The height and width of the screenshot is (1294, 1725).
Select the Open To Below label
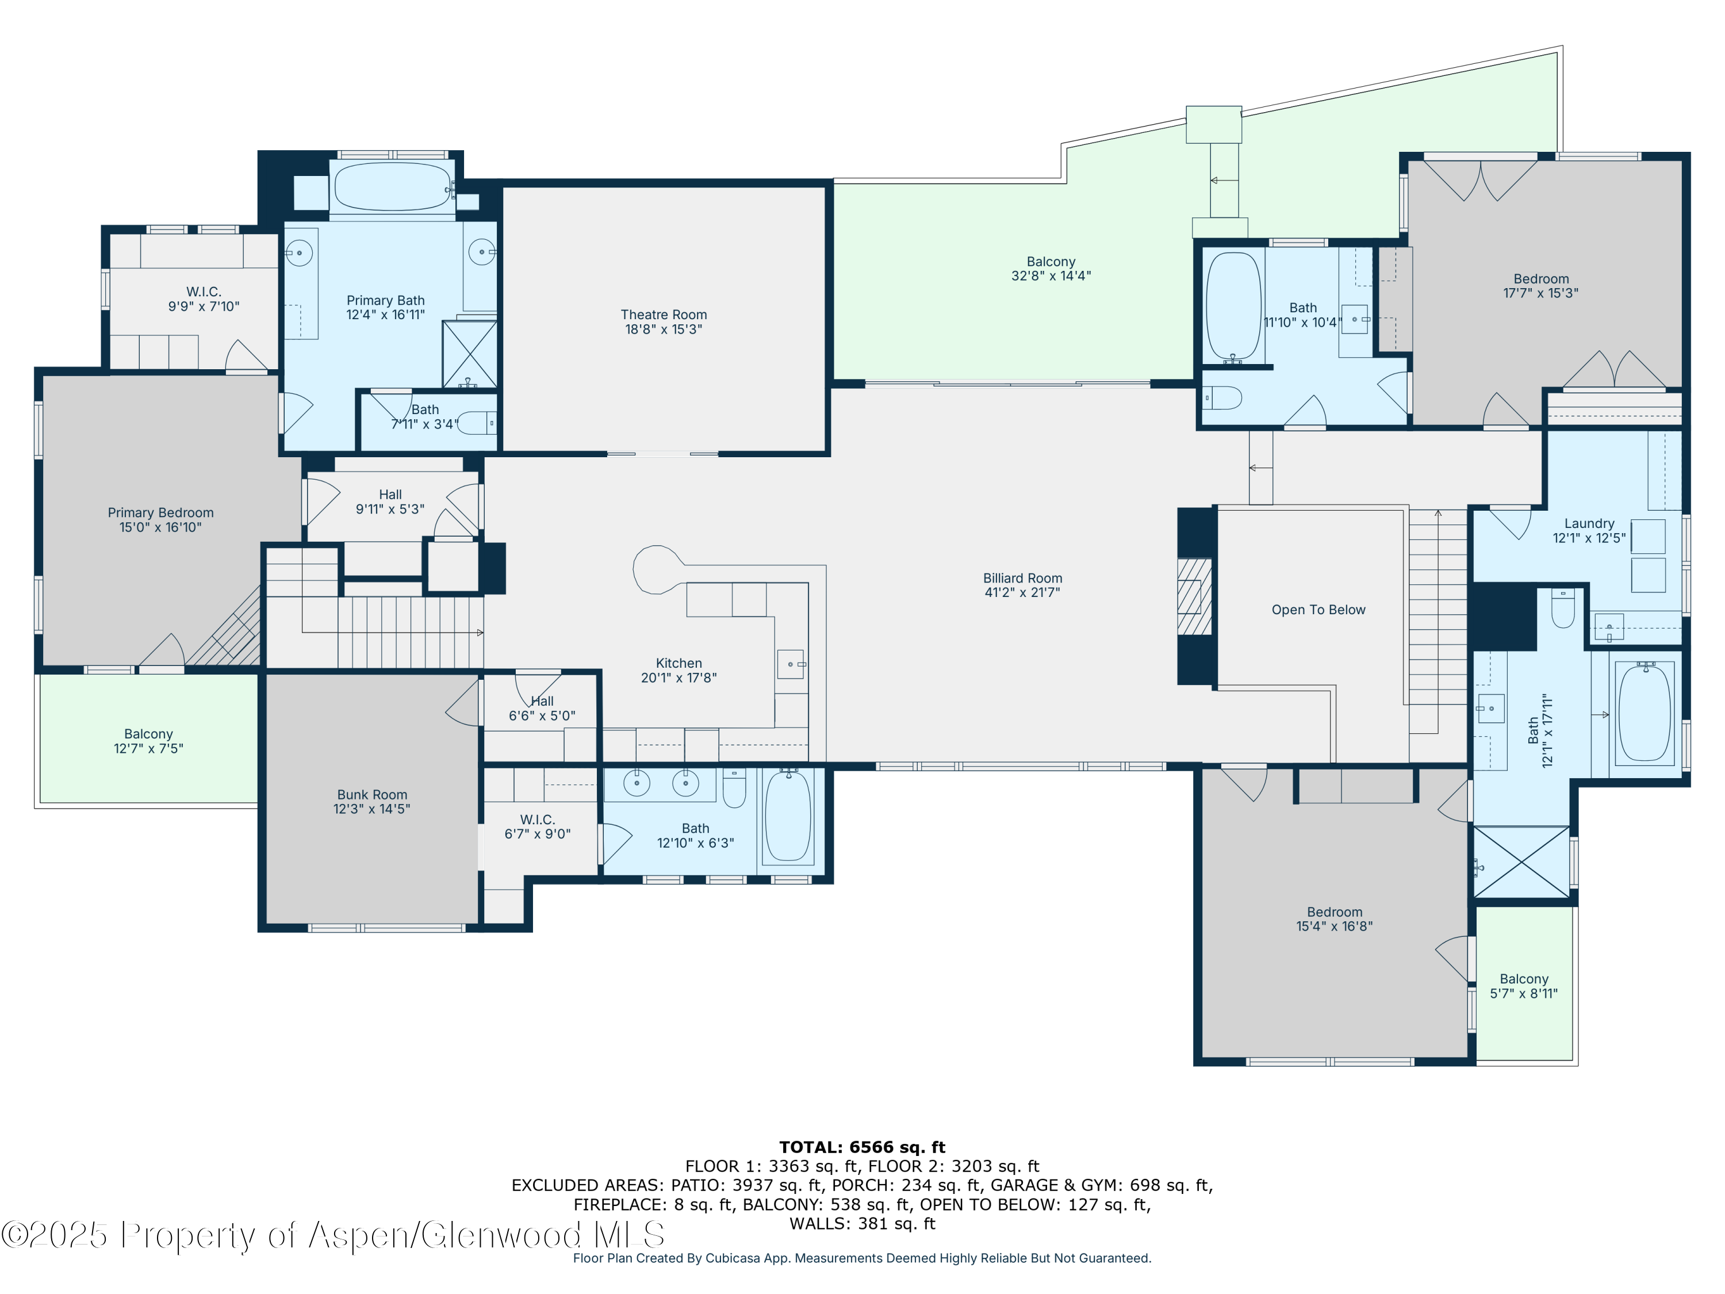click(x=1318, y=610)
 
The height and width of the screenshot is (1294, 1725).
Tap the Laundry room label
click(x=1589, y=523)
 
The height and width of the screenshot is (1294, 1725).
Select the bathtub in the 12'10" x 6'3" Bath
click(x=788, y=816)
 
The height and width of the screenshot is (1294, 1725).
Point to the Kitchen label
click(x=678, y=663)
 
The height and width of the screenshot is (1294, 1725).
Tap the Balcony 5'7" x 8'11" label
click(x=1524, y=986)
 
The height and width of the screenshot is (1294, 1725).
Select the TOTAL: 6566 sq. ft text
click(x=862, y=1147)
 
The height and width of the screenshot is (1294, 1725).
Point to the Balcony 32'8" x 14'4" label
click(x=1051, y=269)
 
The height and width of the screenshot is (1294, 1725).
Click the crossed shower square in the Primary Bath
click(x=469, y=354)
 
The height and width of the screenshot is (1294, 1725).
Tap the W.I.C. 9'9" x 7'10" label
click(x=204, y=298)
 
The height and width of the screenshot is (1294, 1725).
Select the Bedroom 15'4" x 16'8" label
click(x=1335, y=919)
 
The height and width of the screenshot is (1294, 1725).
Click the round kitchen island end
click(x=657, y=569)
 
